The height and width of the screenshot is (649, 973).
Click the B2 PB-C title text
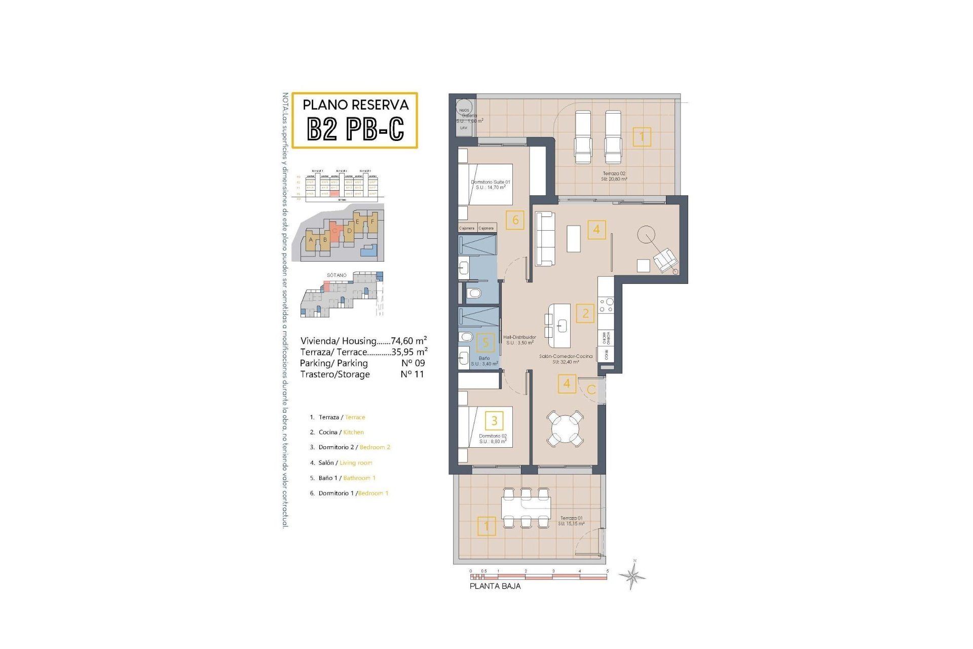(355, 129)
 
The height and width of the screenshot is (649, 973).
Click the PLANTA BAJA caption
(495, 586)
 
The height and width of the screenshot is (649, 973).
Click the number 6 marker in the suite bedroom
(515, 220)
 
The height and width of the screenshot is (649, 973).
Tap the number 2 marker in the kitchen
(585, 313)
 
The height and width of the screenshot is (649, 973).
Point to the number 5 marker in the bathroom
(485, 343)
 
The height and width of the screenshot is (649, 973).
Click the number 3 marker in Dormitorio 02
(494, 420)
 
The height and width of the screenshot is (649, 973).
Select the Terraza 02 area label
(614, 176)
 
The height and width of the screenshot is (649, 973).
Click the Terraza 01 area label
(572, 521)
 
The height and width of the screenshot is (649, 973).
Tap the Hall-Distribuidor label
(519, 340)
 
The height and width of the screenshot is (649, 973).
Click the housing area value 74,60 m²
(408, 341)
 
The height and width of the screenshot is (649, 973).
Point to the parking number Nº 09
(413, 363)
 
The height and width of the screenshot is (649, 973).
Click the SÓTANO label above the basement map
(336, 275)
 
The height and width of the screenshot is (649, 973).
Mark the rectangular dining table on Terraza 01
(526, 507)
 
